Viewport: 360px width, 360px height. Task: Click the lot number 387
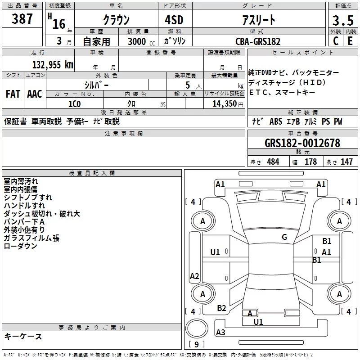coord(22,19)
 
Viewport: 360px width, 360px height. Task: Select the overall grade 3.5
coord(342,20)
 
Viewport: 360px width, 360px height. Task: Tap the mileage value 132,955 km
coord(53,64)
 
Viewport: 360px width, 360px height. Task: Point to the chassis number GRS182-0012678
coord(302,143)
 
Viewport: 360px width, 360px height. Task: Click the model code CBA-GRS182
coord(258,41)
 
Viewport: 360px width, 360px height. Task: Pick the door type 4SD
coord(175,20)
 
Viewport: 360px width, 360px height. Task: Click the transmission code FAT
coord(13,94)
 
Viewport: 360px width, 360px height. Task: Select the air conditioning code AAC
coord(35,94)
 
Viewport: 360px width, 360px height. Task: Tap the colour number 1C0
coord(74,103)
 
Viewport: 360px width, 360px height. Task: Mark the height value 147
coord(346,162)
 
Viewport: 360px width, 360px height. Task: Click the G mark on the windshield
coord(284,237)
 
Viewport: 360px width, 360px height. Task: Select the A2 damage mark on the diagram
coord(194,276)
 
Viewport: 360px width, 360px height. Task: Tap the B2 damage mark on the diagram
coord(221,308)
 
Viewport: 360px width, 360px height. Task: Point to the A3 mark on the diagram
coord(220,333)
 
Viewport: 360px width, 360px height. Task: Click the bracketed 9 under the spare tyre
coord(196,344)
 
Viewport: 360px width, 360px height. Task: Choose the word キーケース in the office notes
coord(23,337)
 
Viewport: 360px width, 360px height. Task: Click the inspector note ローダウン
coord(20,246)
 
